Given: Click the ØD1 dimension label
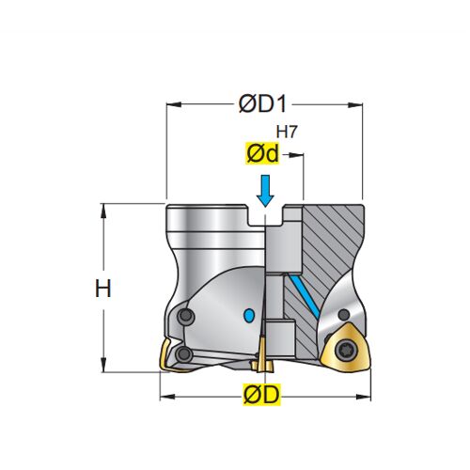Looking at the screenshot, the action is (262, 103).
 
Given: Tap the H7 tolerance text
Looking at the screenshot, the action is (286, 132).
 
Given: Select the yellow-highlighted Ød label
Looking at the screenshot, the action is (262, 153).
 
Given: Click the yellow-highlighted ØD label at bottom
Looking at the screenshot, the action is (262, 394).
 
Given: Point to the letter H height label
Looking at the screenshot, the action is (103, 289).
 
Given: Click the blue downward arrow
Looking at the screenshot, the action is (265, 191).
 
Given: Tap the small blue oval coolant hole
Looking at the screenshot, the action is (249, 315).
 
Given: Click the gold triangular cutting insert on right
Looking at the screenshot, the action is (345, 348).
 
